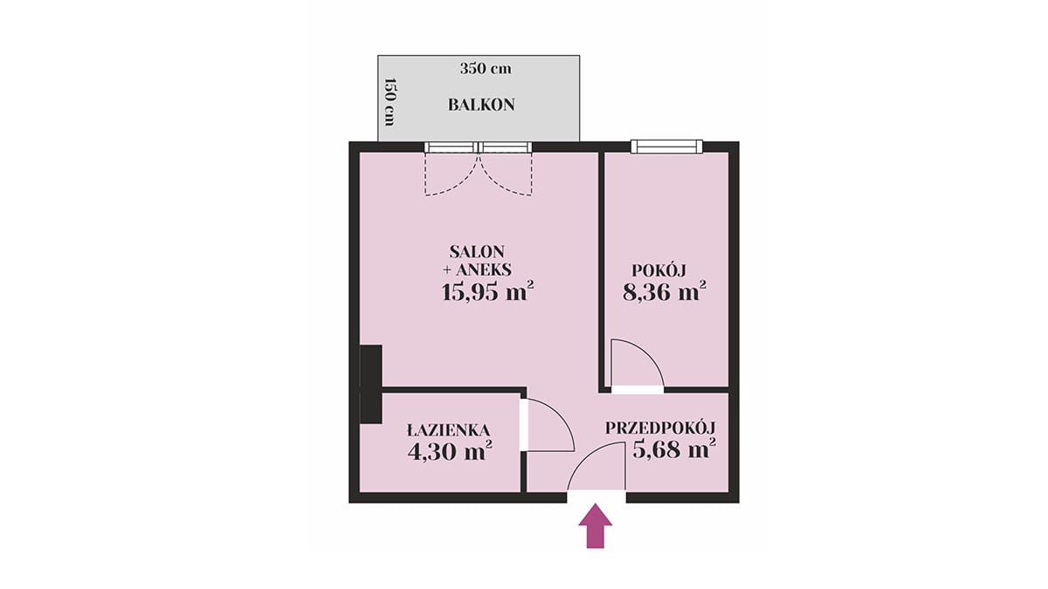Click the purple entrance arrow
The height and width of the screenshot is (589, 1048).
point(595,525)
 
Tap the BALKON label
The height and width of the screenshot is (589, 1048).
point(481,105)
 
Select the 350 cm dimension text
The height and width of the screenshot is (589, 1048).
point(486,69)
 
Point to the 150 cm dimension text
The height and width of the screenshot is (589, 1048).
point(390,102)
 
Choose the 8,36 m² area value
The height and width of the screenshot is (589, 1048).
point(664,291)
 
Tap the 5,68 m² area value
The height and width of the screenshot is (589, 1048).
point(674,449)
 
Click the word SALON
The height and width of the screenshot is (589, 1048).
point(477,252)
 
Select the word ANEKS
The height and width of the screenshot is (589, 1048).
point(483,271)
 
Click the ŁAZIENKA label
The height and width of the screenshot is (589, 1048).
point(449,429)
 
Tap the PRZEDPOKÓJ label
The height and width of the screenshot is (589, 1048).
point(660,428)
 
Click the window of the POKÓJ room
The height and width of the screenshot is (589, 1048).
point(666,147)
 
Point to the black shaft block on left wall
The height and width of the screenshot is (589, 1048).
point(371,384)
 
